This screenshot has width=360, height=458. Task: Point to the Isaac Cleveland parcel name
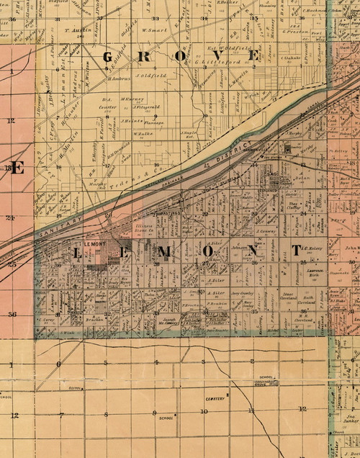289,295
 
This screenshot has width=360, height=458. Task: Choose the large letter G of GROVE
110,57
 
